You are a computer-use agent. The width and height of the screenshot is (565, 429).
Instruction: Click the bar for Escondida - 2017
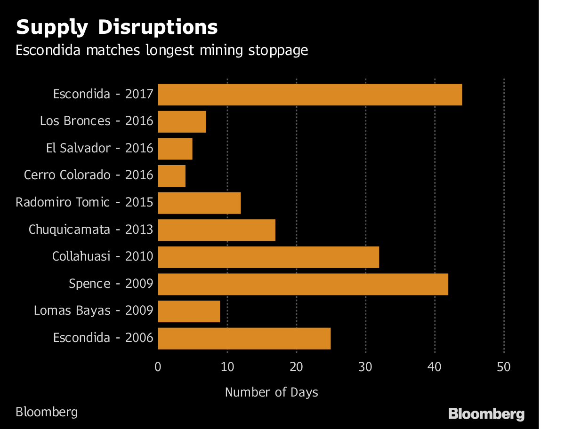click(x=309, y=95)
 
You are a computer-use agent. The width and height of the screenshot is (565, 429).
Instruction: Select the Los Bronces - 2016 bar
click(x=182, y=122)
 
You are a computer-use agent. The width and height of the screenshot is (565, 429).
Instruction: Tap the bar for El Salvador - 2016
click(x=175, y=149)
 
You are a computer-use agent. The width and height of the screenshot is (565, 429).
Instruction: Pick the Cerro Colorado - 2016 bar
click(x=171, y=176)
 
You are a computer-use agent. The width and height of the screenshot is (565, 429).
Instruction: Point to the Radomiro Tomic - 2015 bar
click(x=199, y=203)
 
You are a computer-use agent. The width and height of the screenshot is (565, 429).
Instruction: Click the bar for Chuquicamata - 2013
click(x=216, y=230)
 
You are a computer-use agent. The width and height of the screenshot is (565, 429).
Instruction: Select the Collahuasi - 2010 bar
click(x=268, y=257)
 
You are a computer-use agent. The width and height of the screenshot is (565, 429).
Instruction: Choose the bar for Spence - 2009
click(x=303, y=284)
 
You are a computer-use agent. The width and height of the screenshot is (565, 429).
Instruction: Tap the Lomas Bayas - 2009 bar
click(x=189, y=311)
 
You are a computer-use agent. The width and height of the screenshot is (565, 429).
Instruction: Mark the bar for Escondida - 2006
click(x=244, y=338)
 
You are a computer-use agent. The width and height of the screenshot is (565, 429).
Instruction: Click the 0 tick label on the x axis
click(x=158, y=367)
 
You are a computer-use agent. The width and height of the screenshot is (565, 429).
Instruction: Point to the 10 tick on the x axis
click(x=227, y=367)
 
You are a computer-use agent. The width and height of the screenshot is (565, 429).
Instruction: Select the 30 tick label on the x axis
click(x=365, y=367)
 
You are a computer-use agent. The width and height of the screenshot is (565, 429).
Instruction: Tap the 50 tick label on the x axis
click(x=504, y=367)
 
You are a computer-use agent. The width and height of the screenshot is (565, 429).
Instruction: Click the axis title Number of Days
click(x=272, y=392)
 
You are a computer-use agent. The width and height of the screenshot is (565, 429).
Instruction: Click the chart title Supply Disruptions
click(x=117, y=27)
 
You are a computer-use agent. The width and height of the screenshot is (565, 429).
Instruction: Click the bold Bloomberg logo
click(x=486, y=414)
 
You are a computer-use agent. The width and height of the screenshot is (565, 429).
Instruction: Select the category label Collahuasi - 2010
click(x=103, y=257)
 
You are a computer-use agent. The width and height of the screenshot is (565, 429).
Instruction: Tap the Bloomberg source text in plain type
click(x=47, y=412)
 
